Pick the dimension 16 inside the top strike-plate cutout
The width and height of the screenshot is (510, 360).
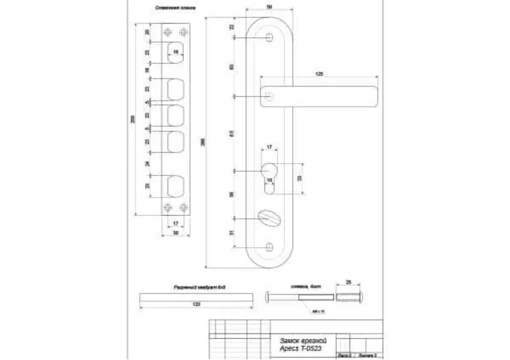coord(176,53)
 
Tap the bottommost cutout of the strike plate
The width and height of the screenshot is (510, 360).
coord(176,185)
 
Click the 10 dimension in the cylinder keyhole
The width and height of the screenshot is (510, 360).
coord(269,180)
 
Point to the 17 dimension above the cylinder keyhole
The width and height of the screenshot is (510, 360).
coord(269,147)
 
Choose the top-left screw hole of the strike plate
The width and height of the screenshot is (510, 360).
coord(168,32)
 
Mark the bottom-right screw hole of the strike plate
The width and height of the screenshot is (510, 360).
coord(183,207)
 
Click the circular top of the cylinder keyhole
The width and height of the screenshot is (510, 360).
coord(269,167)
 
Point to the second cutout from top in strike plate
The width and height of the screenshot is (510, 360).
coord(176,90)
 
